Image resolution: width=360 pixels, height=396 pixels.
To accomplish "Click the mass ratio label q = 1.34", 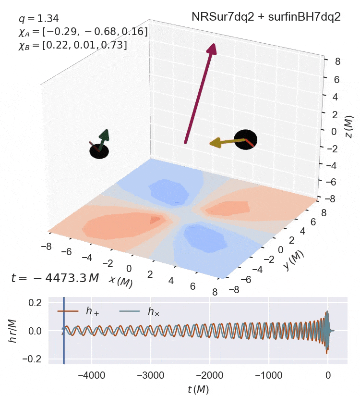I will tap(38, 19).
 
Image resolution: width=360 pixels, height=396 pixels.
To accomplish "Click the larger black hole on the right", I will tap(246, 140).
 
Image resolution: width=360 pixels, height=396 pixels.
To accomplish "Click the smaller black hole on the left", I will tap(99, 151).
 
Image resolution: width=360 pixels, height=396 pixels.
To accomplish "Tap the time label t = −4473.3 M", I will tap(55, 278).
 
